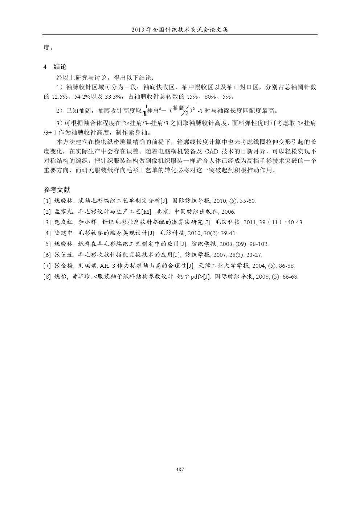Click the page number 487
[x=180, y=469]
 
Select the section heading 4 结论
[x=55, y=67]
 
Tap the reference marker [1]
[x=47, y=201]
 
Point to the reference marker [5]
[x=47, y=244]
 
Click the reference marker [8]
[x=47, y=277]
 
